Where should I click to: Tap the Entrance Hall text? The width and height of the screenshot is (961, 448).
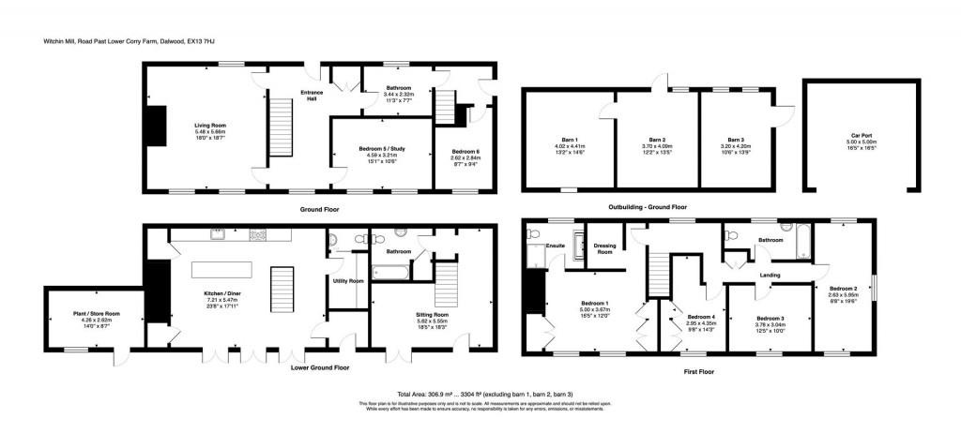tap(311, 95)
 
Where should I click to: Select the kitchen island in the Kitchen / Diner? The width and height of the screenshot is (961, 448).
tap(223, 270)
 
